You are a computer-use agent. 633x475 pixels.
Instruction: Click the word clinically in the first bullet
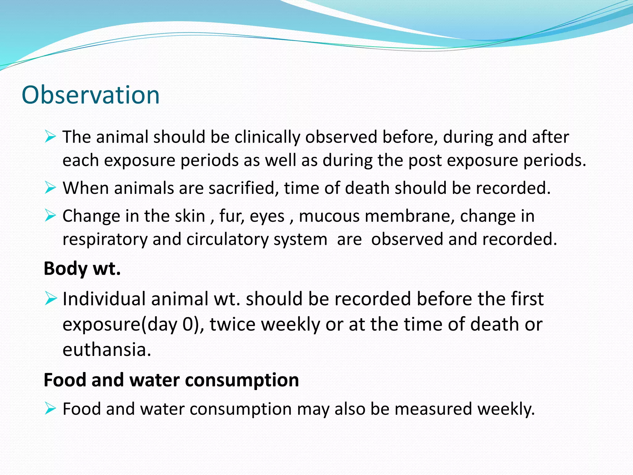[x=267, y=137]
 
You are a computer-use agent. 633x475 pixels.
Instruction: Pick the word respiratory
[x=105, y=240]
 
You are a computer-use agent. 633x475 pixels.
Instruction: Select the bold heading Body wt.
[x=82, y=268]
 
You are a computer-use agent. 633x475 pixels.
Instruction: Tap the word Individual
[x=104, y=299]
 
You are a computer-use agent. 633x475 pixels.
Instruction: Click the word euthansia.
[x=107, y=350]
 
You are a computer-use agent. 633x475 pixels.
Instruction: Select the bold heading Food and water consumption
[x=171, y=380]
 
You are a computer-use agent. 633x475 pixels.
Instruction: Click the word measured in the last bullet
[x=433, y=409]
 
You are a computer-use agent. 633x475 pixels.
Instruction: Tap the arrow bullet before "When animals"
[x=50, y=188]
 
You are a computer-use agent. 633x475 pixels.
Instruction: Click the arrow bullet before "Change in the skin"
[x=50, y=215]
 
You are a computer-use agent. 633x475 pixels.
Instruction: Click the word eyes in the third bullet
[x=267, y=216]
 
